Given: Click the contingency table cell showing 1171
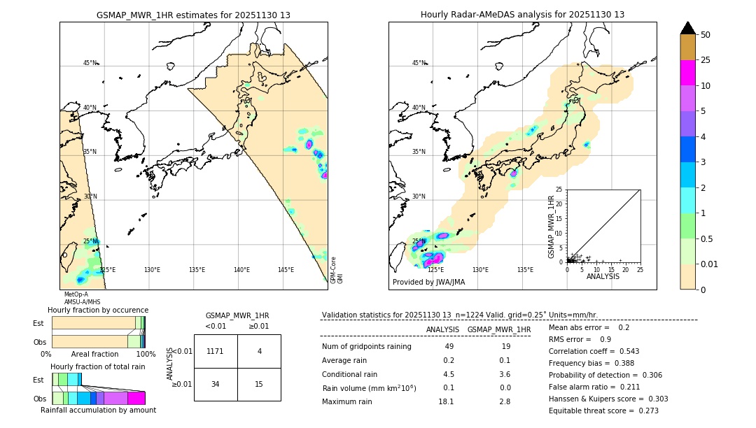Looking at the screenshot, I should (215, 351).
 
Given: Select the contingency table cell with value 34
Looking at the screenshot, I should (215, 384).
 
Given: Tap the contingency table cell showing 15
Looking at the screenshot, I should (259, 384).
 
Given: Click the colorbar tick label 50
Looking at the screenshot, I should (706, 34).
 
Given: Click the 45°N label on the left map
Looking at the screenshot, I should (90, 63).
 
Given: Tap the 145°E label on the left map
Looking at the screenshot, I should (286, 270).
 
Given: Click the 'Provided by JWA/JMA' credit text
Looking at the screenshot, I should (428, 282).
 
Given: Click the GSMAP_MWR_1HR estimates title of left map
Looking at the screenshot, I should (193, 15).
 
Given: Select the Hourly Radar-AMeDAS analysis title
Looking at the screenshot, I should (522, 15).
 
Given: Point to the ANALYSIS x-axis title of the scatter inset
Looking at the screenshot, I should (603, 276).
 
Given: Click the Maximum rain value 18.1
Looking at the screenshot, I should (446, 401).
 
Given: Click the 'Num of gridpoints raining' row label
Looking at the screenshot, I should (366, 347).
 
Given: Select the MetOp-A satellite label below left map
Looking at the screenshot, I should (76, 294).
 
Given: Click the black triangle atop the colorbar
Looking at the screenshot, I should (688, 28).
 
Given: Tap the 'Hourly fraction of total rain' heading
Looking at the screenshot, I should (98, 366).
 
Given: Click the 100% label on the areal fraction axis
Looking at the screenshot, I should (146, 355).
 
